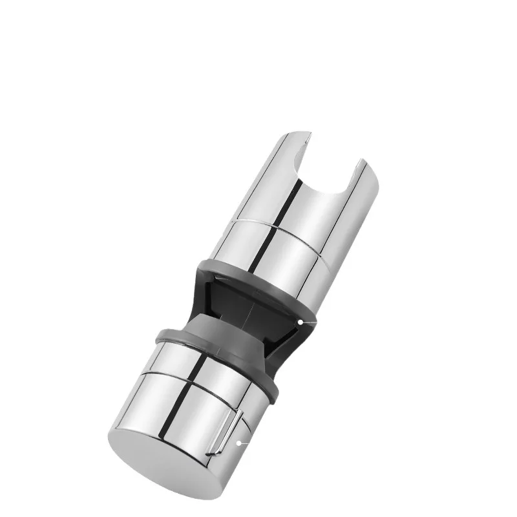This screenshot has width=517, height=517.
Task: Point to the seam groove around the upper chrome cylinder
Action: (271, 225)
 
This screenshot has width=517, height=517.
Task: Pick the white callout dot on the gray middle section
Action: (301, 321)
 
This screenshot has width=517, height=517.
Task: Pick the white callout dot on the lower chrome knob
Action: (239, 443)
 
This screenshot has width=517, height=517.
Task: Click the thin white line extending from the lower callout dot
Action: (244, 443)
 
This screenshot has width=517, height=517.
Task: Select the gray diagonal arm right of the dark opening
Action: (284, 343)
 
